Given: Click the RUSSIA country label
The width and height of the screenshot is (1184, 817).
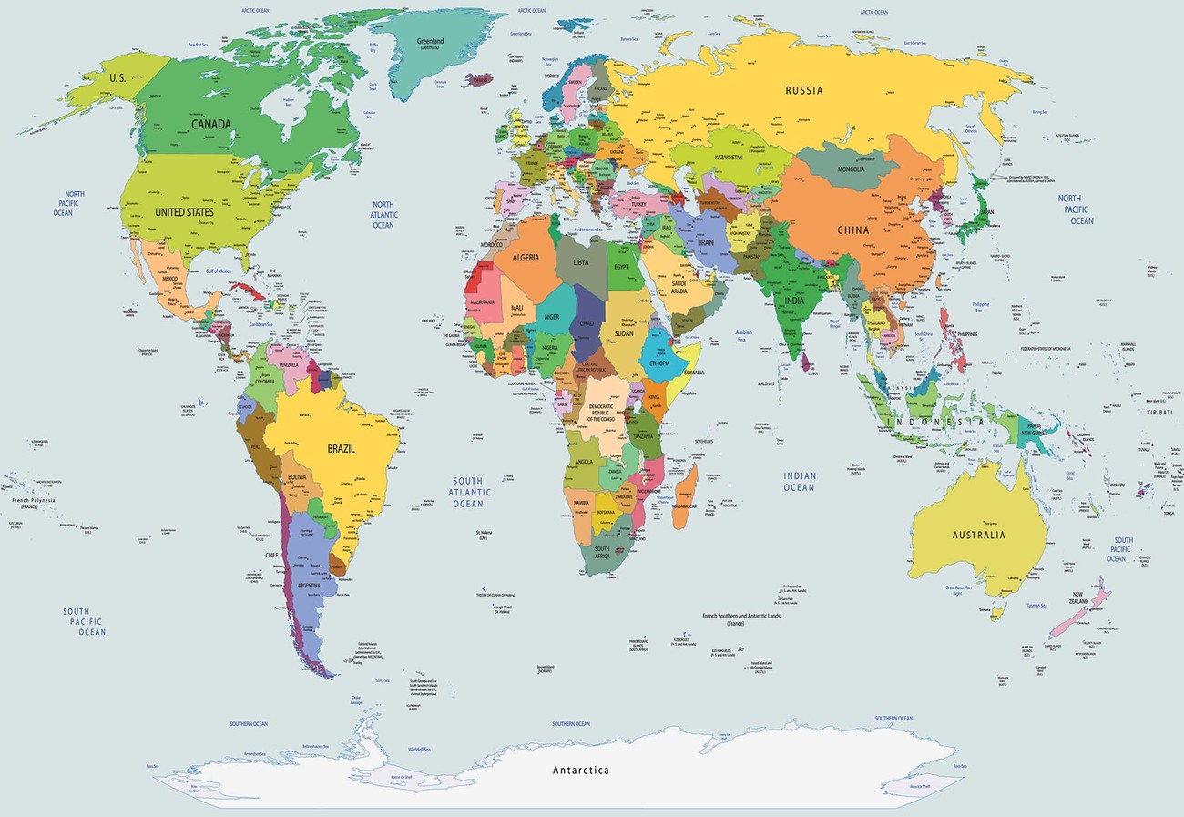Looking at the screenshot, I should (x=804, y=90).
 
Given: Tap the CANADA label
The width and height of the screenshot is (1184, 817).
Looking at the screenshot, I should (x=210, y=124).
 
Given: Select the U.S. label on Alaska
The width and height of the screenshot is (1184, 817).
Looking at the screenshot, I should (x=117, y=78).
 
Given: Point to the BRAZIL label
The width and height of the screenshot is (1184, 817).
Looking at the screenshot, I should (x=342, y=448).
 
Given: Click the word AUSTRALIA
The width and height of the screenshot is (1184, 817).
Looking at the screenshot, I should (x=977, y=535).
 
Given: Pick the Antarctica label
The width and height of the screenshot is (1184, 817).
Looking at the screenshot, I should (x=581, y=771).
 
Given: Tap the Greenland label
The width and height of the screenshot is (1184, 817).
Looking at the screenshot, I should (x=430, y=43).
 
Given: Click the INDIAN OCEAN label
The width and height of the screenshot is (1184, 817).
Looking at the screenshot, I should (x=799, y=481).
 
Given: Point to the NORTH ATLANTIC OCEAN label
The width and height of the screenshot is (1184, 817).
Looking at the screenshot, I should (x=383, y=214).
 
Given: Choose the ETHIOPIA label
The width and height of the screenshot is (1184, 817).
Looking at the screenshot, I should (x=659, y=363).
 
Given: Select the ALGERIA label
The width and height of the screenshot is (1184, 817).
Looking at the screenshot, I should (x=526, y=258).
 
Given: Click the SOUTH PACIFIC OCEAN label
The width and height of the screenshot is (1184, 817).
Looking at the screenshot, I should (x=84, y=621).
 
